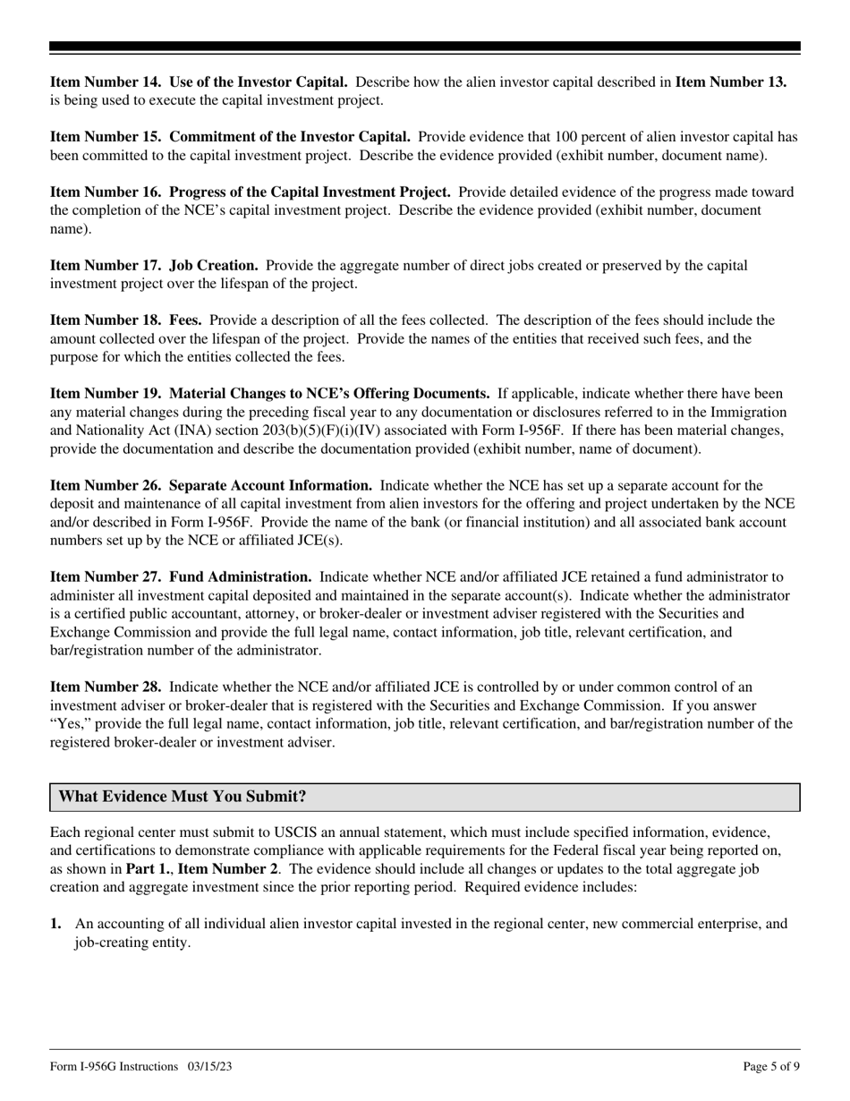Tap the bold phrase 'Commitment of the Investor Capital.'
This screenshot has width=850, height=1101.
pyautogui.click(x=290, y=137)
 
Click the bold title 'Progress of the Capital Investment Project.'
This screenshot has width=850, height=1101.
pyautogui.click(x=310, y=192)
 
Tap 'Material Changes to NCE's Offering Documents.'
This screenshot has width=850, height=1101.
pyautogui.click(x=329, y=394)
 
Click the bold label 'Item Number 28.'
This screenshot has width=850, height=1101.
pyautogui.click(x=106, y=687)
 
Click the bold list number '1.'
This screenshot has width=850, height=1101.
pyautogui.click(x=55, y=924)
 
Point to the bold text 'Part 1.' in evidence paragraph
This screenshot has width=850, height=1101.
pyautogui.click(x=148, y=869)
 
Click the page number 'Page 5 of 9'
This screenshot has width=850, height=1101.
pyautogui.click(x=771, y=1066)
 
